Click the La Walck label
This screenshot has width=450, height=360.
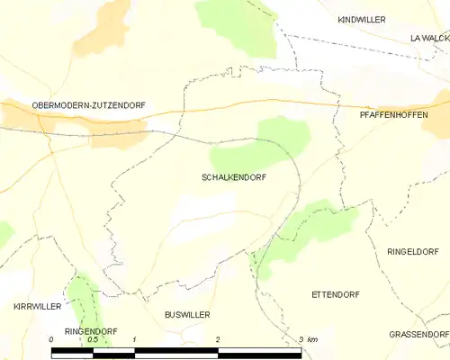tap(428, 38)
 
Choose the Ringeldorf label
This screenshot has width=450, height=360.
tap(415, 252)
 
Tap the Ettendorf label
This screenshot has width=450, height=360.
tap(336, 295)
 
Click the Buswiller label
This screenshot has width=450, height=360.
tap(186, 315)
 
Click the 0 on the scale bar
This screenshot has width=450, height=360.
tap(52, 339)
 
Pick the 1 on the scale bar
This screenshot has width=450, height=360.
tap(133, 339)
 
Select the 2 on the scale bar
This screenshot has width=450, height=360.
tap(217, 339)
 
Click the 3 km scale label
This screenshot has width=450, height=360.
tap(307, 339)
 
